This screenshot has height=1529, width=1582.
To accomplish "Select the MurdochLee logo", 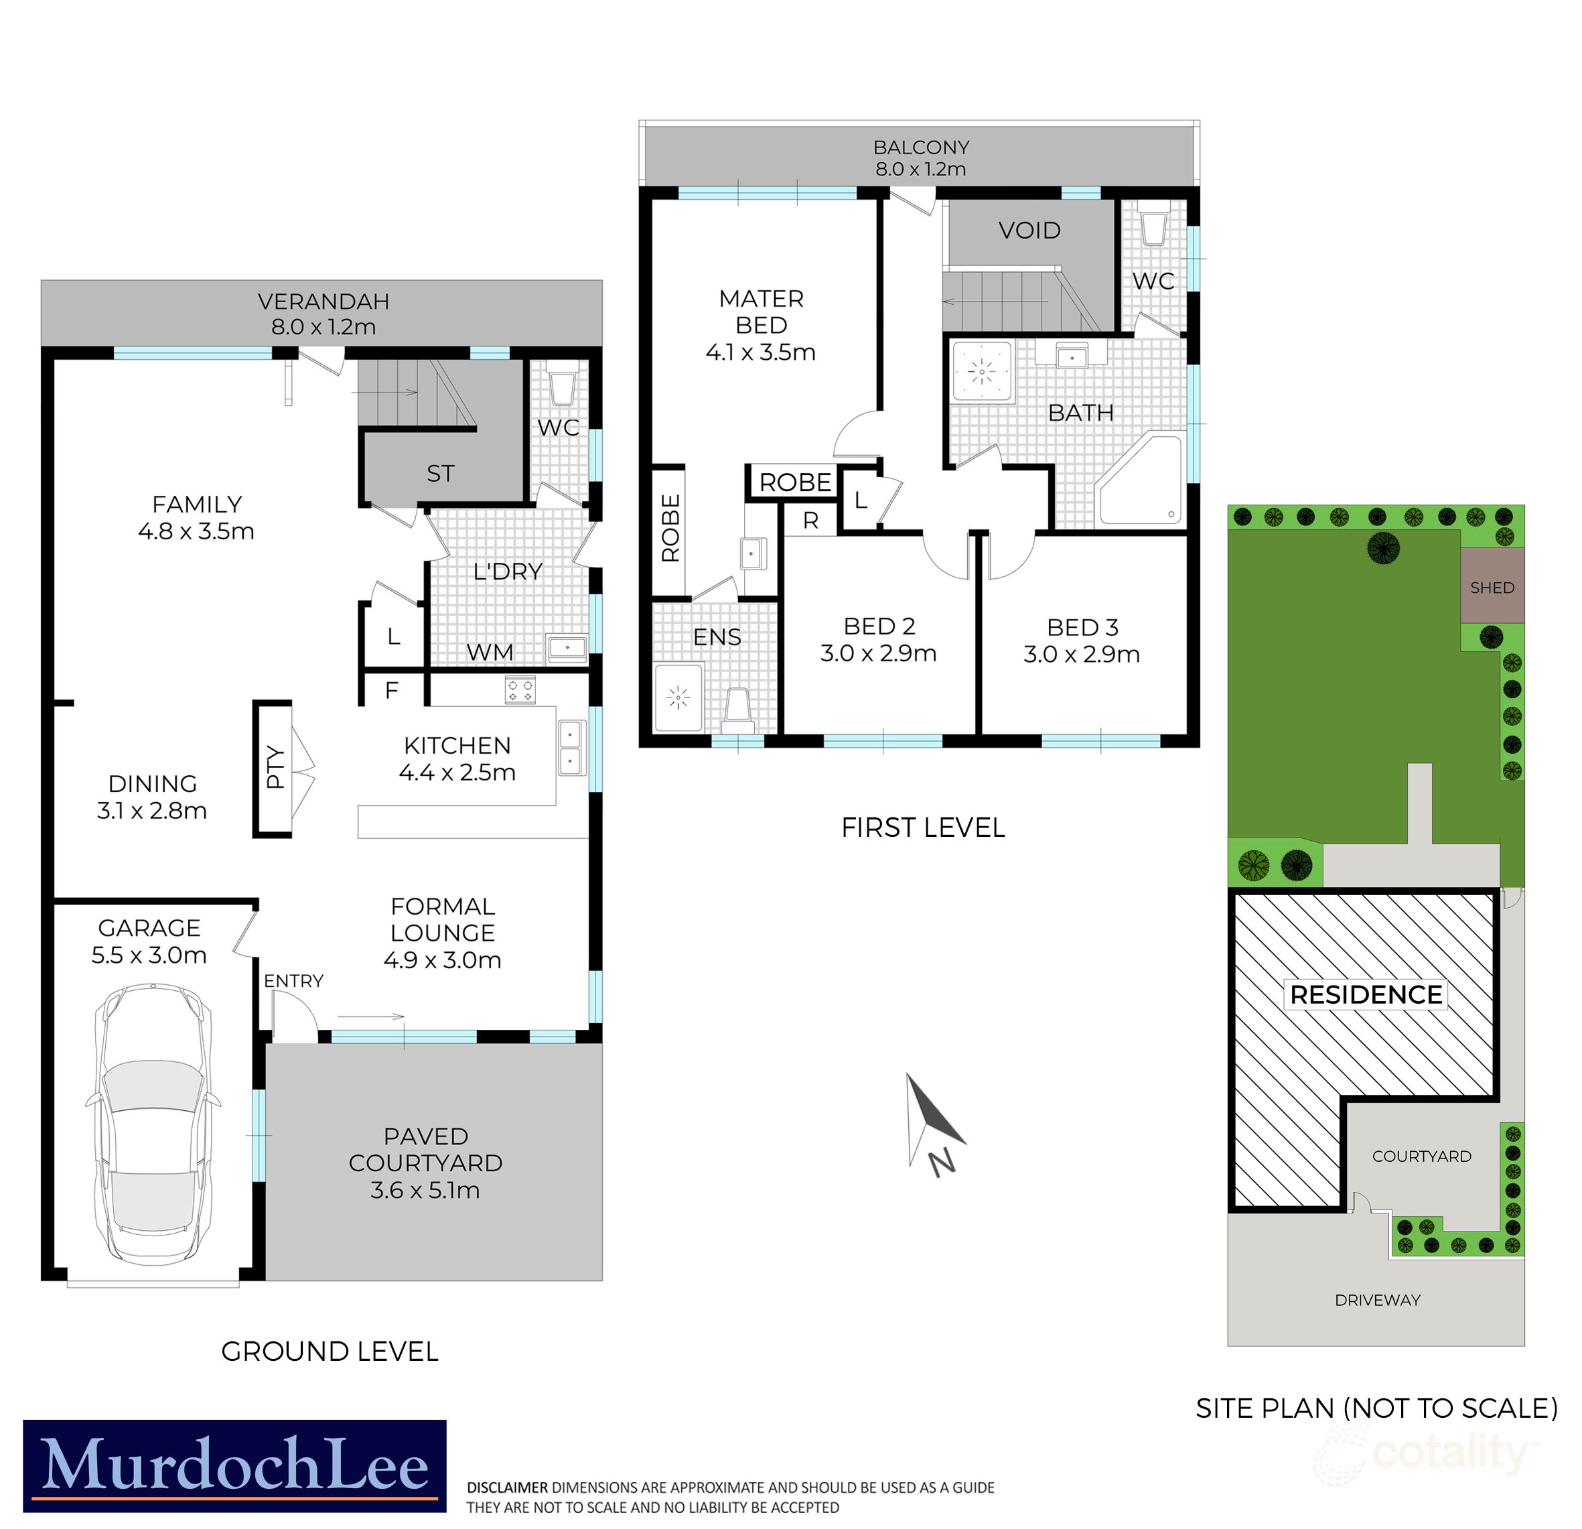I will [x=234, y=1465].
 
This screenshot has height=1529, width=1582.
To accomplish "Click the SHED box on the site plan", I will [x=1492, y=587].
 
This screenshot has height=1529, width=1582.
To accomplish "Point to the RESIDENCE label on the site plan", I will [x=1366, y=994].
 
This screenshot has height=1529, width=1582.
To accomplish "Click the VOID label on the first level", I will [x=1029, y=231].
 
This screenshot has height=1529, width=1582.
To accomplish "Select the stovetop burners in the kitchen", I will [x=520, y=689].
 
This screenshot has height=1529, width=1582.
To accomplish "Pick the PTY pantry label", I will [x=275, y=767].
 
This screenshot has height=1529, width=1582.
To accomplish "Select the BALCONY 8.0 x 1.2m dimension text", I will [x=920, y=170].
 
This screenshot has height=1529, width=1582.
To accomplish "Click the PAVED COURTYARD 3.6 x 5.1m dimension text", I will [x=425, y=1190].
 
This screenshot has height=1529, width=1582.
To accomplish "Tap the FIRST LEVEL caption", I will [x=922, y=827].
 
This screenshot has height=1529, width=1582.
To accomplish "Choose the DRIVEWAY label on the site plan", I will [x=1377, y=1300].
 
